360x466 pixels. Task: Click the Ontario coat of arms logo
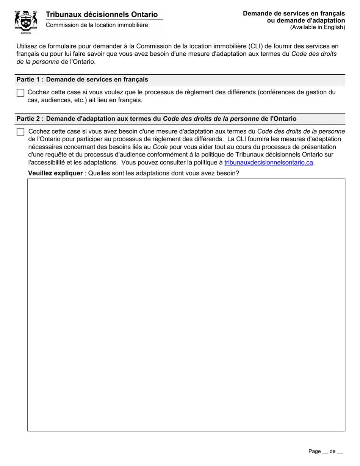click(x=26, y=20)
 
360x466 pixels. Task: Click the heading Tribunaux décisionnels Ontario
click(x=102, y=14)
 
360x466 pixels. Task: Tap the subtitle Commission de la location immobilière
click(x=97, y=25)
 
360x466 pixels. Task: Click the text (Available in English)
click(x=318, y=27)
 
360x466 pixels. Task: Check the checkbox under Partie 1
click(x=20, y=93)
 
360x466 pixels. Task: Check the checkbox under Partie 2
click(x=20, y=132)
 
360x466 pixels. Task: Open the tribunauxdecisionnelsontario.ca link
click(x=269, y=163)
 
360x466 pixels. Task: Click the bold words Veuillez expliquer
click(x=55, y=174)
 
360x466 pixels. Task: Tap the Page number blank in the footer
click(x=325, y=452)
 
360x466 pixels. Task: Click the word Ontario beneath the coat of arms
click(x=26, y=33)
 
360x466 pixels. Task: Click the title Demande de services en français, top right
click(x=294, y=14)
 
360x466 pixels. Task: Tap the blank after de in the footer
click(x=340, y=452)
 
